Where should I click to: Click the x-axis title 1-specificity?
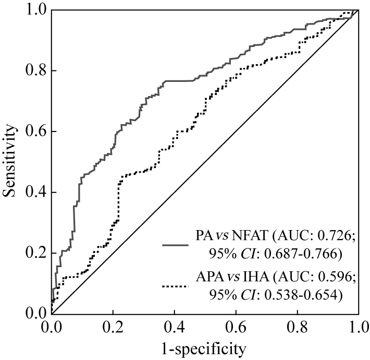[205, 347]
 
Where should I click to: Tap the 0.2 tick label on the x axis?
[113, 327]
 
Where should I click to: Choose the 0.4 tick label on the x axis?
[174, 327]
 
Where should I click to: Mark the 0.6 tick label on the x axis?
[236, 327]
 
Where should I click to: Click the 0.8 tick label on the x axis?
[297, 327]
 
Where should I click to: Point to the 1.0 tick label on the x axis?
[357, 327]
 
